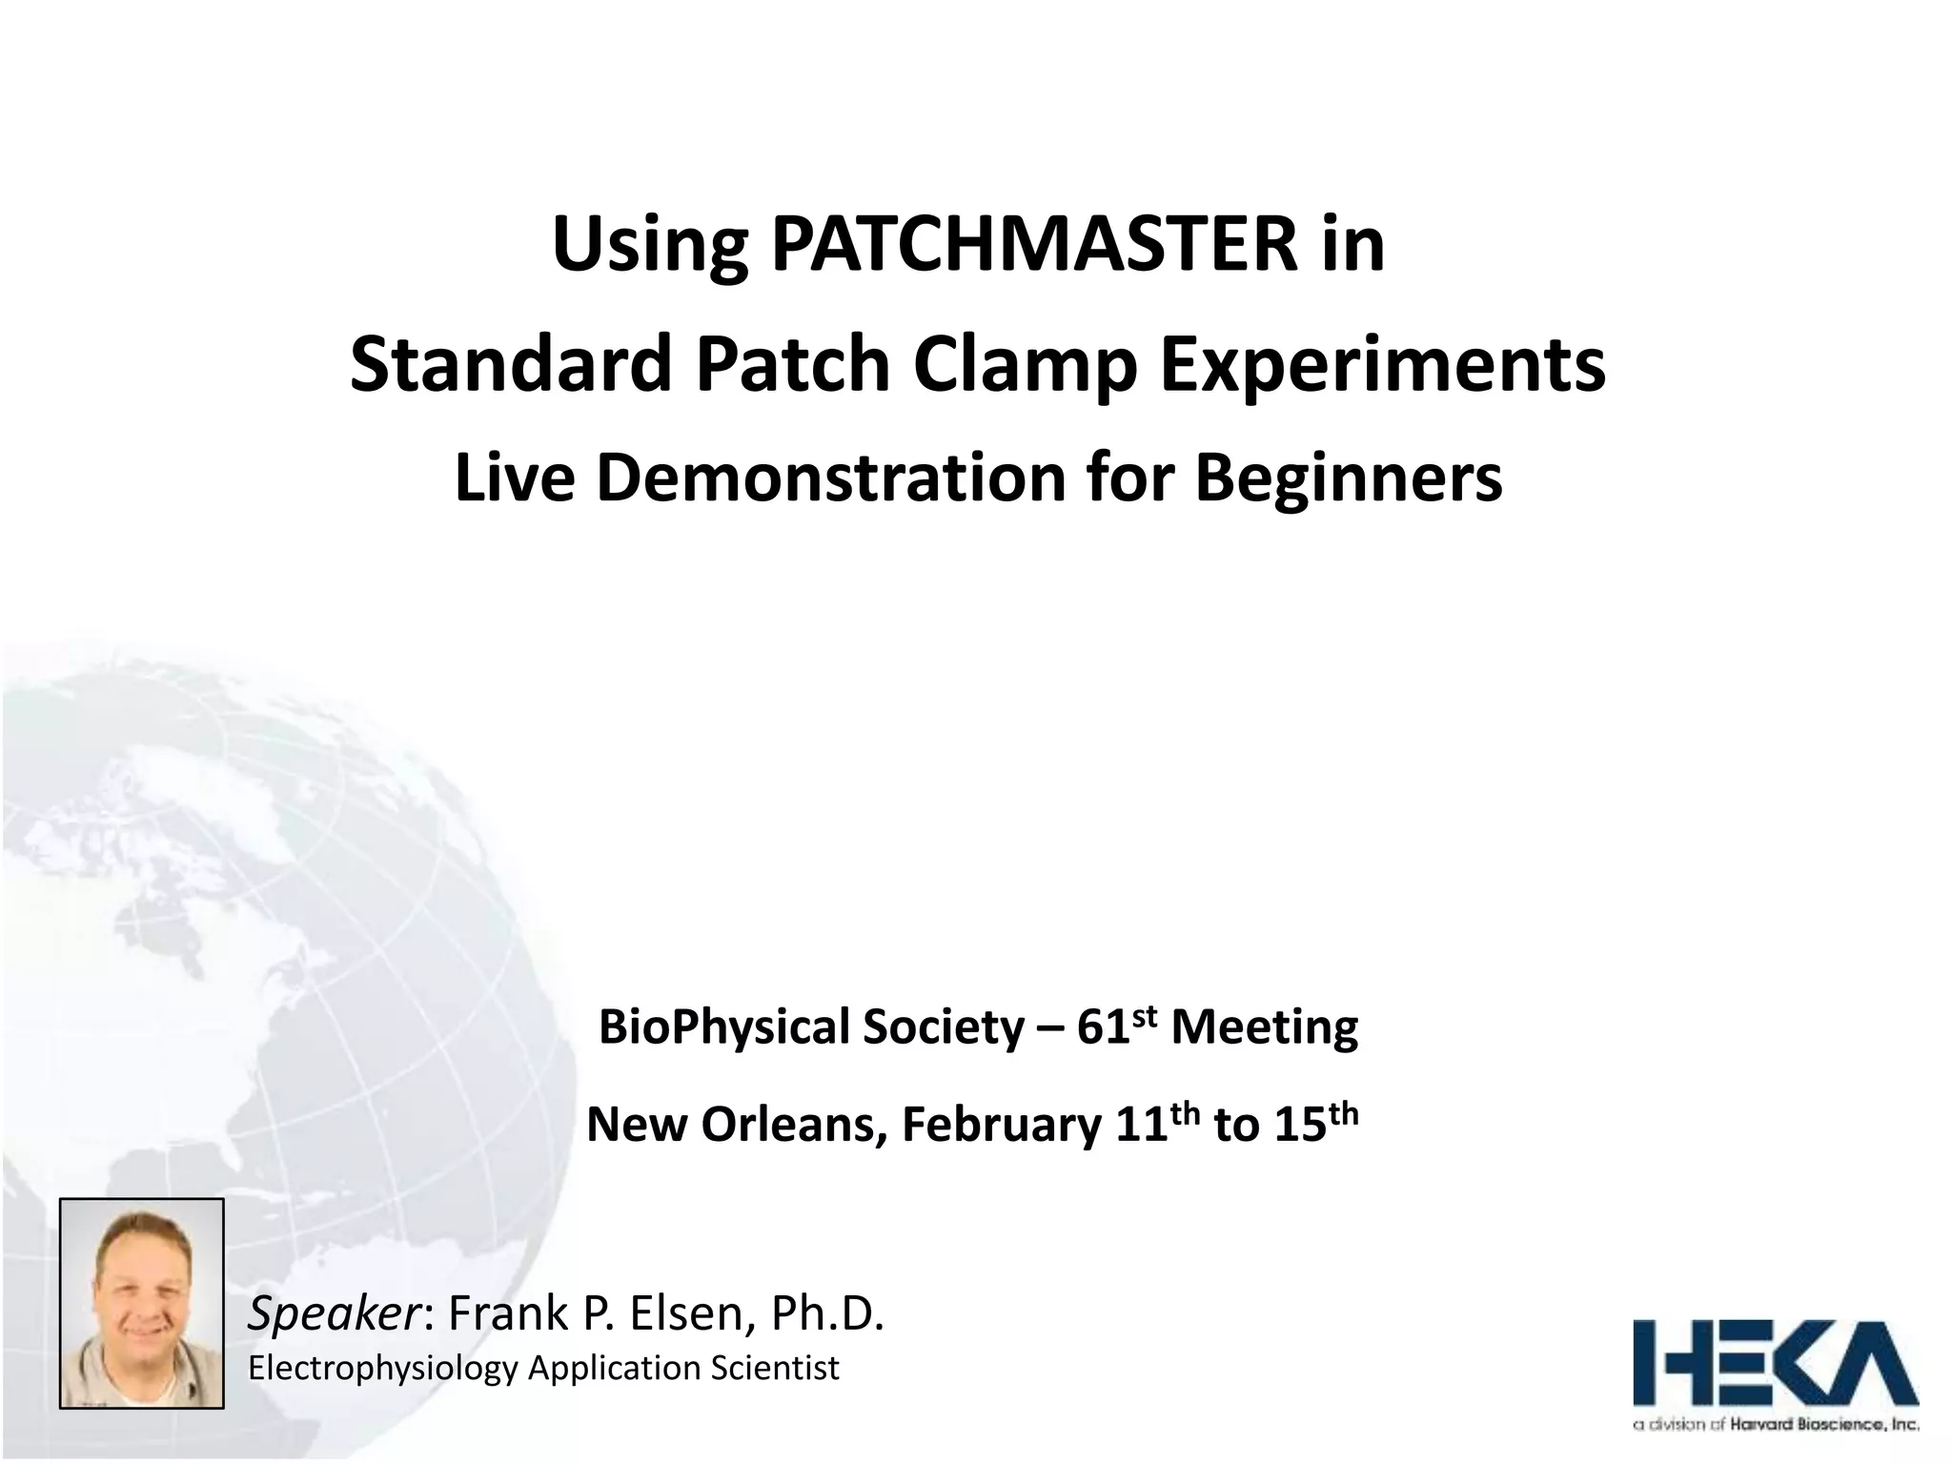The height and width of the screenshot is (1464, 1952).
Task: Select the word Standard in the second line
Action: (513, 365)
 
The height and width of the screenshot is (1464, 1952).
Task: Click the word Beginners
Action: (1349, 479)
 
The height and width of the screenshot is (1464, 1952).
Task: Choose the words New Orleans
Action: (730, 1126)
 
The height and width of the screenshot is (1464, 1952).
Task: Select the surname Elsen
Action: (685, 1314)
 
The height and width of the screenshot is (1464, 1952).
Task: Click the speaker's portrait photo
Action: (142, 1303)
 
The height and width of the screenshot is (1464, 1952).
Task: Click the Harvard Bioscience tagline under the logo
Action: (1776, 1425)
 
